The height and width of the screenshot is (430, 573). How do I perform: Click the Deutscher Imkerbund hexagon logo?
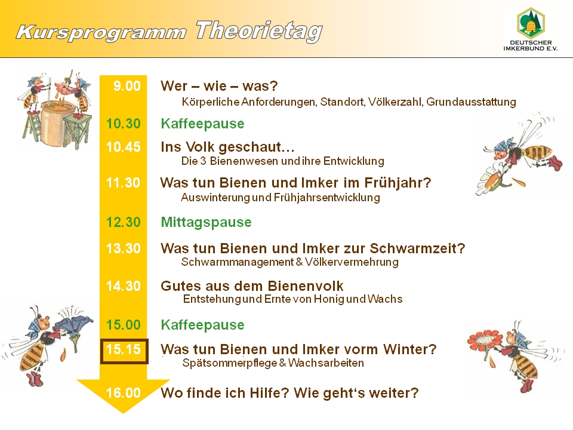point(530,22)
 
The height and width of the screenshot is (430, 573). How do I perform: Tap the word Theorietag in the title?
point(259,30)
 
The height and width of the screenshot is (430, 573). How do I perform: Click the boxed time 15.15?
point(124,351)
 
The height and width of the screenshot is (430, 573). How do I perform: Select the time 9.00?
point(127,86)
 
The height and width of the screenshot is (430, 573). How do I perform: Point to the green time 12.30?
point(123,222)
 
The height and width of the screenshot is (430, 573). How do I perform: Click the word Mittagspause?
point(206,223)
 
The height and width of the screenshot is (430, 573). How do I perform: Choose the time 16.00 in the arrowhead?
point(123,393)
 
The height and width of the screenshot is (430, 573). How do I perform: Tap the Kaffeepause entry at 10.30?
point(202,124)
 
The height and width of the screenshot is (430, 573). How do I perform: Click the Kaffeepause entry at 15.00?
point(202,325)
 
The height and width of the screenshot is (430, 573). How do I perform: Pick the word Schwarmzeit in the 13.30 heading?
point(417,248)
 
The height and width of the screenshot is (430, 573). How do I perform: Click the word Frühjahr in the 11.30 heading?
point(398,183)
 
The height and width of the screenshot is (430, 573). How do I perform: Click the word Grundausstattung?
point(471,102)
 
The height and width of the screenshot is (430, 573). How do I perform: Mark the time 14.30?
point(123,285)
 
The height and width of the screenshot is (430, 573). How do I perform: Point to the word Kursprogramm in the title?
point(101,32)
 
